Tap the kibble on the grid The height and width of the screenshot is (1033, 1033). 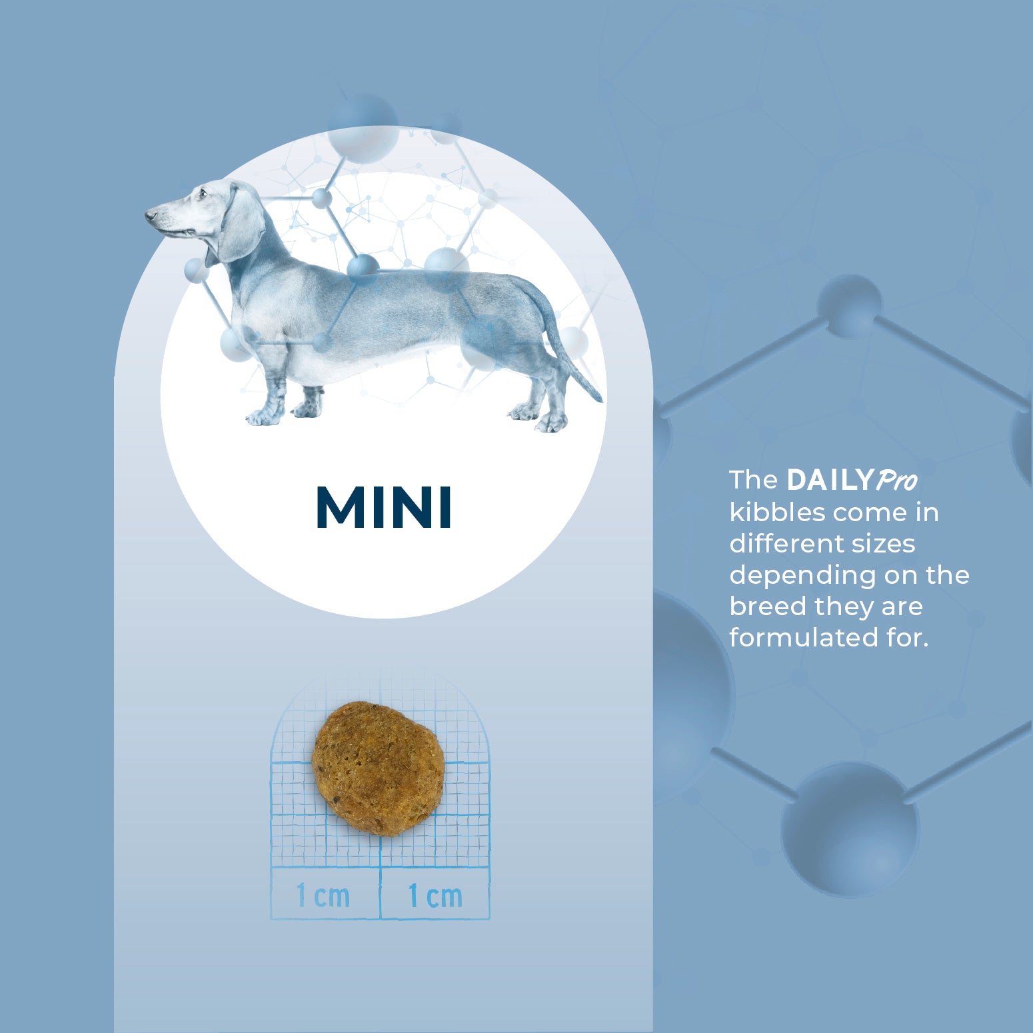(378, 768)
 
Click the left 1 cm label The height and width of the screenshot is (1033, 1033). (323, 895)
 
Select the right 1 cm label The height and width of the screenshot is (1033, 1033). (435, 895)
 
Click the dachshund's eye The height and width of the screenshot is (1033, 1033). (202, 195)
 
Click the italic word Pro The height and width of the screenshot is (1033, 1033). (896, 481)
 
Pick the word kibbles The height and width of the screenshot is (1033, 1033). (778, 513)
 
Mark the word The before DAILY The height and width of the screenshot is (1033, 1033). (754, 480)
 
